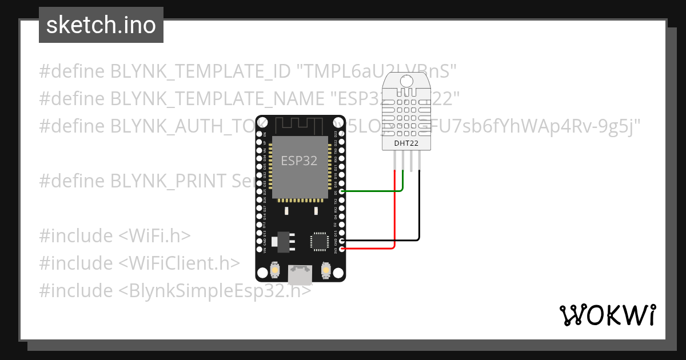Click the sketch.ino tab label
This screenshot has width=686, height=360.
click(101, 25)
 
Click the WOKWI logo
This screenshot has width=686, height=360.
click(607, 315)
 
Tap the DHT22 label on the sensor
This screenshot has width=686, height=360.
click(406, 143)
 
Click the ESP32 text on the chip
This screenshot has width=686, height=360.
click(299, 161)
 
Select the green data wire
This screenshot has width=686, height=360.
click(372, 191)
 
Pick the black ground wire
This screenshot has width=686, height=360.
click(420, 211)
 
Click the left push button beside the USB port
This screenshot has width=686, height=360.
click(275, 270)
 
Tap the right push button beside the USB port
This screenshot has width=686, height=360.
click(326, 270)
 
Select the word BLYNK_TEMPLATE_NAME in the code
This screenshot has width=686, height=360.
click(212, 99)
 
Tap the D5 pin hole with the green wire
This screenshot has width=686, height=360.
click(341, 192)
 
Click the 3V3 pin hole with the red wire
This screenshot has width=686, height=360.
click(341, 249)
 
